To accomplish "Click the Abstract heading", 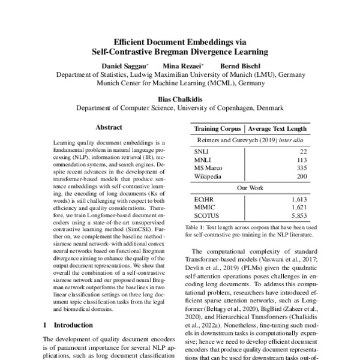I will pos(109,128).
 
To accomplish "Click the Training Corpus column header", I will pos(217,129).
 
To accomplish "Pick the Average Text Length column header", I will pos(277,129).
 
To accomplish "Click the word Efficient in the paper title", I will pos(148,42).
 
